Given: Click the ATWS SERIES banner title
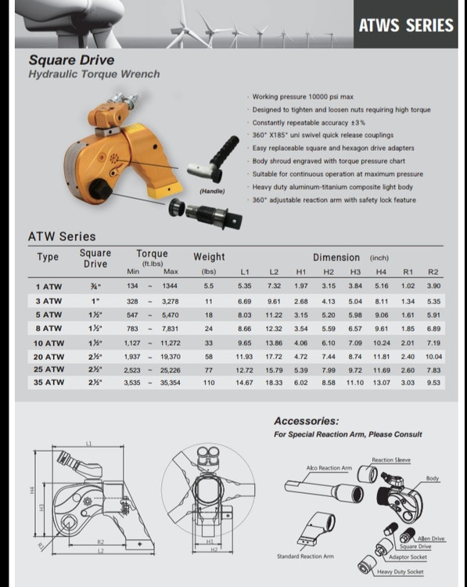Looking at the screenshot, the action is point(406,25).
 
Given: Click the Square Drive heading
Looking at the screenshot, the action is point(71,60).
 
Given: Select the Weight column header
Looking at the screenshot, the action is point(209,257).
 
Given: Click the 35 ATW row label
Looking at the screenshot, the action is point(48,382).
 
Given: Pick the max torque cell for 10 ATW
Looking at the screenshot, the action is point(171,343).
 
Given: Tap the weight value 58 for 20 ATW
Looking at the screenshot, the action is point(209,357).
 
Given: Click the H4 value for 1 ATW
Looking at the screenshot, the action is point(381,286).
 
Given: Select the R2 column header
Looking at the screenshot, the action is point(433,272).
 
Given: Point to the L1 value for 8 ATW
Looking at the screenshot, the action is point(244,329).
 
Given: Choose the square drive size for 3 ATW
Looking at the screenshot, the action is point(95,301).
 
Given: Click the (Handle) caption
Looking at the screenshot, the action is point(212,191).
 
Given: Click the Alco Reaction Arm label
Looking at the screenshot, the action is point(329,468).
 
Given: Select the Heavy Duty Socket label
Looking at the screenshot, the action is point(400,571).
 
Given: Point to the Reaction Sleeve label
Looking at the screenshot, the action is point(391,459).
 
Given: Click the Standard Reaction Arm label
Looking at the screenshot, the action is point(305,556).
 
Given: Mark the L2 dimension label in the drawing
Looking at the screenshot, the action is point(101,551).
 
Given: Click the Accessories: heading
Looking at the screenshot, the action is point(306,421).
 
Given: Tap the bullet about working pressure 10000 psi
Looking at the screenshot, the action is point(303,96).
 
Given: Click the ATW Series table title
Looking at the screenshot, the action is point(62,236).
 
